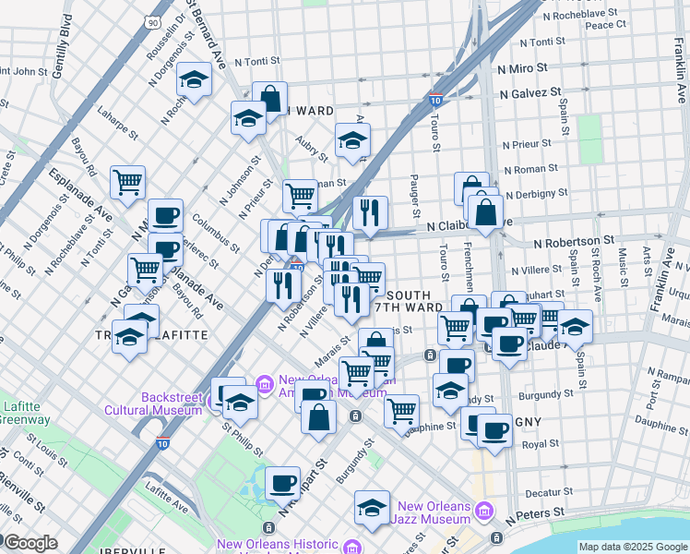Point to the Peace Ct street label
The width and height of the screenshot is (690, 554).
click(x=606, y=25)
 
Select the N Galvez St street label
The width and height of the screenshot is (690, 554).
click(x=530, y=92)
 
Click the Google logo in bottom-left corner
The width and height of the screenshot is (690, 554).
click(x=30, y=543)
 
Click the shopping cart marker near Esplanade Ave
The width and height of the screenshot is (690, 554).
click(x=127, y=180)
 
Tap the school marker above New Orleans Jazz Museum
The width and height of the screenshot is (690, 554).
click(x=371, y=508)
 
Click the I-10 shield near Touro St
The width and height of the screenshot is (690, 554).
click(x=434, y=99)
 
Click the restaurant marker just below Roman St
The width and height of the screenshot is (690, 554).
click(x=370, y=211)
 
